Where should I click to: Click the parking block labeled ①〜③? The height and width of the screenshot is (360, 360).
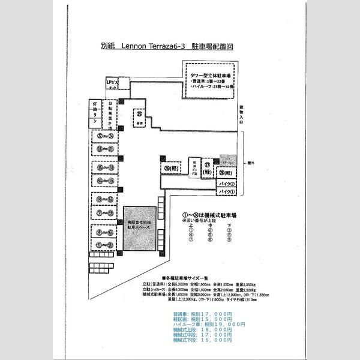pos(104,244)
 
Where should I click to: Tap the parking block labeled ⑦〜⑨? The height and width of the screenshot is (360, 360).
pos(104,212)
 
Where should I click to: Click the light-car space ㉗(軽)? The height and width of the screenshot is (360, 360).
pos(207,168)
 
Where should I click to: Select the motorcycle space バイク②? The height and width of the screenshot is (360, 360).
pos(226,183)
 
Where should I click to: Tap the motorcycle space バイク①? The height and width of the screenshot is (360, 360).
pos(226,191)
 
